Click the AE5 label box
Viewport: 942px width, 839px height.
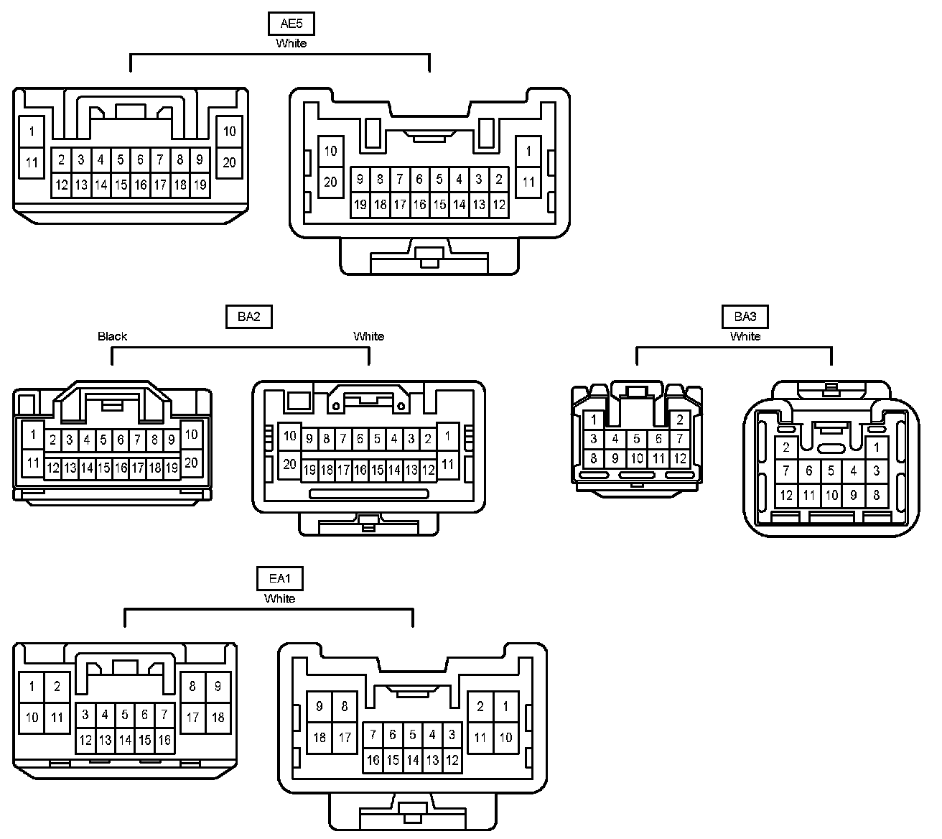point(291,24)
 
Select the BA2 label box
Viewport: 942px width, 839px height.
point(248,316)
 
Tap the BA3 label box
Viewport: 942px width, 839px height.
point(745,316)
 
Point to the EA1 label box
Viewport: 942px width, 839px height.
point(279,578)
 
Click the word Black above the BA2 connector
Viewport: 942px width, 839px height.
point(113,336)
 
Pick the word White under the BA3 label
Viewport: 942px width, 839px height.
point(745,336)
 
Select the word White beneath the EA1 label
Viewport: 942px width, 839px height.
point(279,598)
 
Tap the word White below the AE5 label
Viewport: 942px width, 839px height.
point(291,43)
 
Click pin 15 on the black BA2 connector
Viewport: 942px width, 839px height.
point(103,468)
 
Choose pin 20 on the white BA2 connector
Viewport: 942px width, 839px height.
point(289,464)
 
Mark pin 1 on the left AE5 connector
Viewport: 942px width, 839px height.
point(32,131)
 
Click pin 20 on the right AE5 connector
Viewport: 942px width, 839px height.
point(330,182)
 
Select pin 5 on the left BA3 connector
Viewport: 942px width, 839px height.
point(636,439)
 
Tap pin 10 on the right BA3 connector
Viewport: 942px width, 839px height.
point(831,495)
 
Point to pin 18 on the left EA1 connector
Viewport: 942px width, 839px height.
point(218,717)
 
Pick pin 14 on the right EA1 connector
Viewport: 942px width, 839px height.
point(412,760)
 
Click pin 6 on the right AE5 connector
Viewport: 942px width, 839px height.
point(419,179)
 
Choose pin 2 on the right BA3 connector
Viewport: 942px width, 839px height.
point(786,448)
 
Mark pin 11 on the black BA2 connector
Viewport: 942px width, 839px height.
point(32,463)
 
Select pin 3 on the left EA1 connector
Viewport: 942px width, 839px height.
point(85,715)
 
